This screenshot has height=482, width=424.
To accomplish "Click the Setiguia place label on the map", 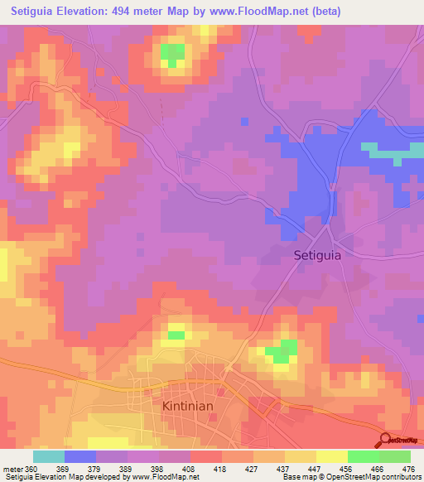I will point(317,256).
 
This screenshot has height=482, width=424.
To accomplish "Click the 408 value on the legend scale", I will point(191,469).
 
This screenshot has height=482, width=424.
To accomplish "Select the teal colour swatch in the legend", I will point(48,456).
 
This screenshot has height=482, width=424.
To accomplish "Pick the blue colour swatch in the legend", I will point(79,456).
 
